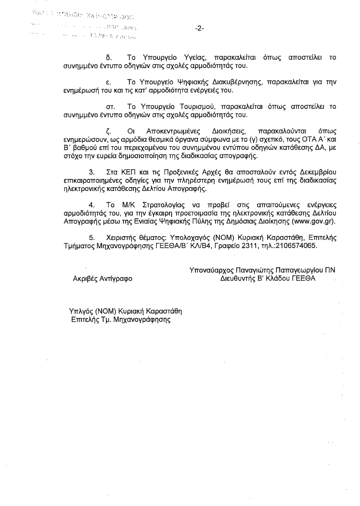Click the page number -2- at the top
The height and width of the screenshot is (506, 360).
200,28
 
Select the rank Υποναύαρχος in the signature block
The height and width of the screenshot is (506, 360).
211,270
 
